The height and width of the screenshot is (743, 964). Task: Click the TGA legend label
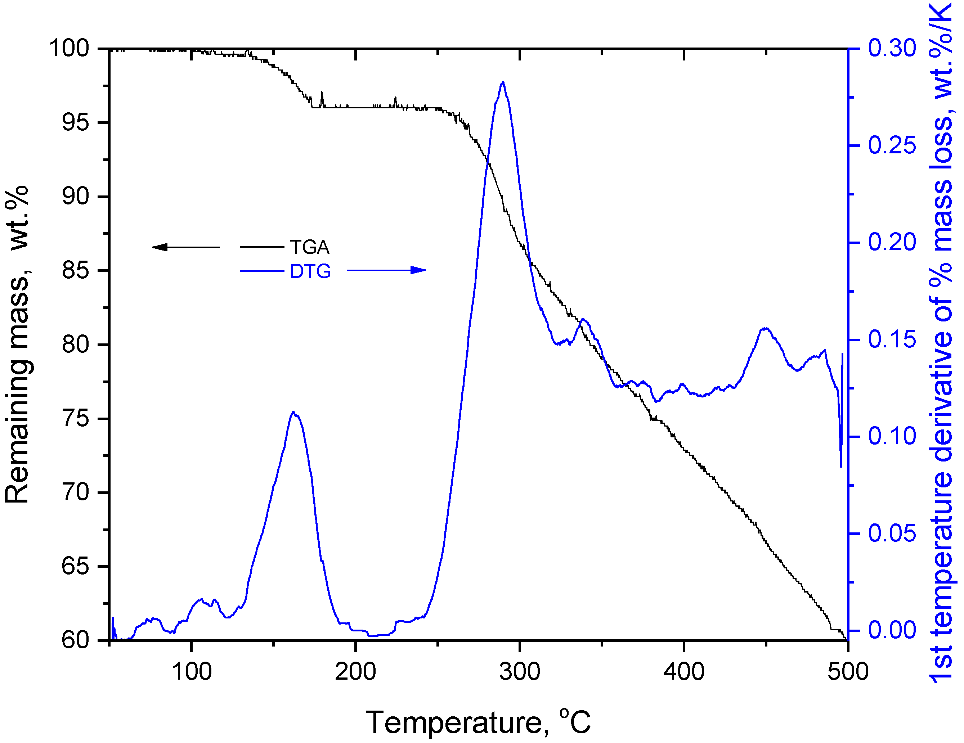coord(309,247)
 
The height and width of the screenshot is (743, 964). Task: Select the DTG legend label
coord(310,271)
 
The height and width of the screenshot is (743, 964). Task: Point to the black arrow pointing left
coord(185,247)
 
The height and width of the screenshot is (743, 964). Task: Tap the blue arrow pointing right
coord(386,270)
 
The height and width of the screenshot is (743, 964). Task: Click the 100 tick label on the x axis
coord(192,671)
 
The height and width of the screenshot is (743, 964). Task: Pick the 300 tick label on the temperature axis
coord(520,671)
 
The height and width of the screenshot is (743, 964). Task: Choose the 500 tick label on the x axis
coord(847,671)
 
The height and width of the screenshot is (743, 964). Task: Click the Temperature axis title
coord(478,722)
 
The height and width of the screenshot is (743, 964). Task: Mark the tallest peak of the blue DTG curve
coord(503,82)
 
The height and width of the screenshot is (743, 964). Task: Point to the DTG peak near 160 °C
coord(293,412)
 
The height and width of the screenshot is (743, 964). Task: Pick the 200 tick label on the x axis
coord(355,671)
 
